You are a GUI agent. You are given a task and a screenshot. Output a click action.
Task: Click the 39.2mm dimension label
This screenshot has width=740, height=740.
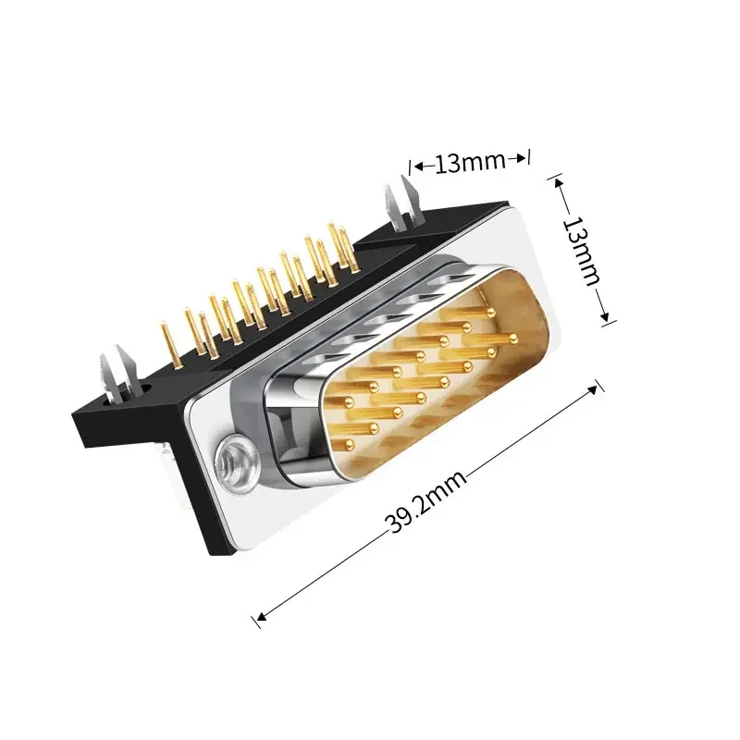425,502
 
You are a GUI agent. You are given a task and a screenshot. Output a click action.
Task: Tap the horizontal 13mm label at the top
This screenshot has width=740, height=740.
470,163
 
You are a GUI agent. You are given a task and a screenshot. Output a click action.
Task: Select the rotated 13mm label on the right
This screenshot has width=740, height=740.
582,252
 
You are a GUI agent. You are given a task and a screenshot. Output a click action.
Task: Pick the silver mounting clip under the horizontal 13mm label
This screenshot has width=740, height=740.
402,203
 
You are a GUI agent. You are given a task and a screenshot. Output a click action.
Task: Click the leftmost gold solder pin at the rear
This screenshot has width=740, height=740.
171,343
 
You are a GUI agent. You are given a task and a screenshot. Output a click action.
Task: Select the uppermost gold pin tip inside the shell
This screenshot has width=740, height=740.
491,312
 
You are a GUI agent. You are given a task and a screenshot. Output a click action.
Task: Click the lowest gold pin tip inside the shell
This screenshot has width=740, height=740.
350,444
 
